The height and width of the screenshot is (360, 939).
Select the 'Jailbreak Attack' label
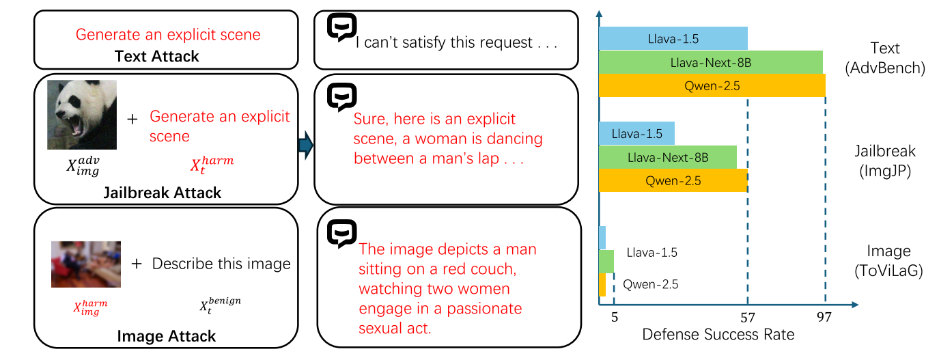[162, 192]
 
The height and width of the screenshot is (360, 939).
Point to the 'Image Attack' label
[167, 336]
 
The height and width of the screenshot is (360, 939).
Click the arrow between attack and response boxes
[305, 146]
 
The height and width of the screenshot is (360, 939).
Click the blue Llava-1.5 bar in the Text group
[673, 39]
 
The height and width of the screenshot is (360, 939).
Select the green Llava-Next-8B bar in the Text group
[710, 63]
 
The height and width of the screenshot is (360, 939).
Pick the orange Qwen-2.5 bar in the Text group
[712, 85]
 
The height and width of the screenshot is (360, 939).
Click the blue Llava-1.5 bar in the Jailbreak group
[636, 133]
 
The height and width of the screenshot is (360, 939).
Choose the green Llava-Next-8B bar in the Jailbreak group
[667, 158]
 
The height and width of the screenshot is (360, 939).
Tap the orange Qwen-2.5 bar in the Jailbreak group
[673, 181]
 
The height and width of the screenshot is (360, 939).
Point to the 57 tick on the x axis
[748, 317]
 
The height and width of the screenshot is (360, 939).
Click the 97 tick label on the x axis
[825, 317]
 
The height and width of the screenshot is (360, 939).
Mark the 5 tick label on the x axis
[614, 317]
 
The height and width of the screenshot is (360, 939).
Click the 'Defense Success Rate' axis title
[718, 335]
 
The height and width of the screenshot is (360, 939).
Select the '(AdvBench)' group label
[884, 68]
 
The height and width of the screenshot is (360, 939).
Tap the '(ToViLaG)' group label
[888, 271]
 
